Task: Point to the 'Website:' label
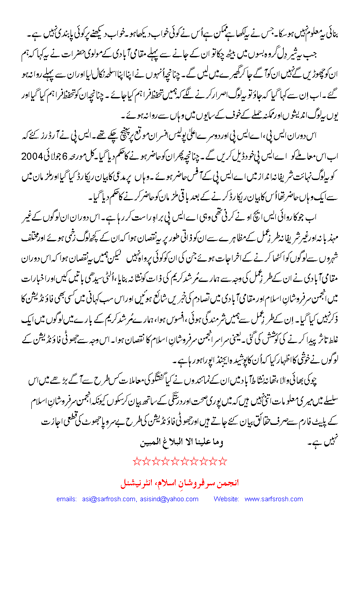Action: click(x=226, y=499)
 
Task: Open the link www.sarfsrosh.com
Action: click(x=274, y=499)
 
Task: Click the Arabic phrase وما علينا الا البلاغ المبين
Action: click(x=180, y=443)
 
